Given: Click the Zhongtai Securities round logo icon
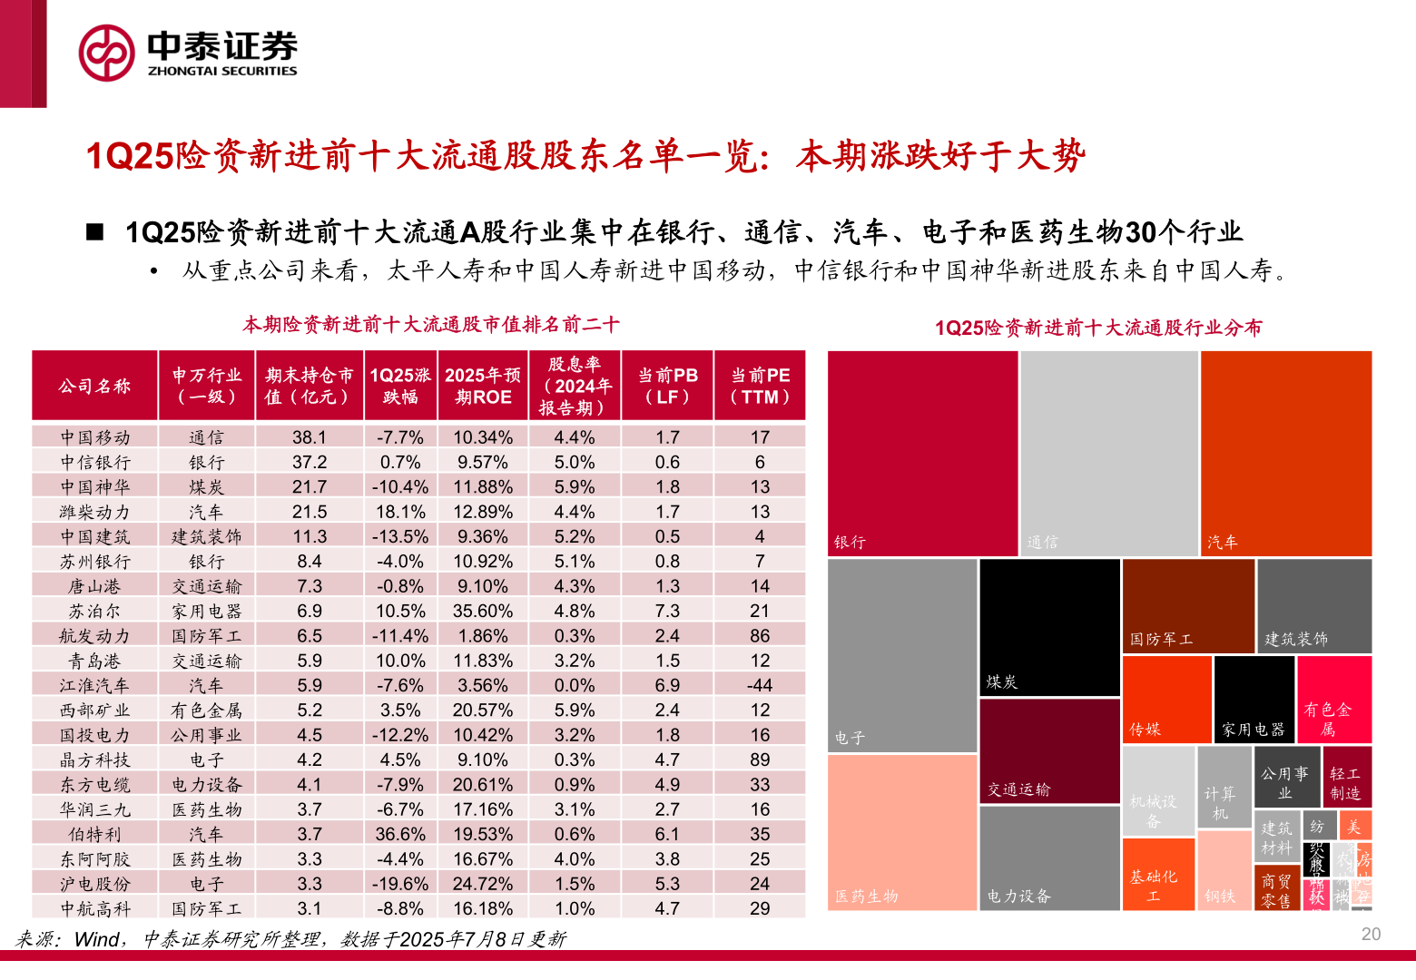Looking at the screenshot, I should pyautogui.click(x=107, y=53).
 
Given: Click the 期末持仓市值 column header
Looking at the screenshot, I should pyautogui.click(x=309, y=386).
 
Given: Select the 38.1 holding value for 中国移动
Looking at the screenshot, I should pyautogui.click(x=309, y=437).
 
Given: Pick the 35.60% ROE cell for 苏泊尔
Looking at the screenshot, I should pyautogui.click(x=483, y=611).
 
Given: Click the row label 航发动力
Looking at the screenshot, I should pyautogui.click(x=94, y=636).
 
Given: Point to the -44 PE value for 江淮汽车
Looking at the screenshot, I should pyautogui.click(x=760, y=685).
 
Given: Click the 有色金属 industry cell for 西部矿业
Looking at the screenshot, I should pyautogui.click(x=206, y=710).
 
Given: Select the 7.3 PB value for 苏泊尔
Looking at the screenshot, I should pyautogui.click(x=667, y=611).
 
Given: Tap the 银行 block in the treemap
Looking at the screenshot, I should pyautogui.click(x=922, y=454).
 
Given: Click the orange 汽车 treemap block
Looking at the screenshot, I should pyautogui.click(x=1285, y=454).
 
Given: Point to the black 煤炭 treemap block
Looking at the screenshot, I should pyautogui.click(x=1049, y=627).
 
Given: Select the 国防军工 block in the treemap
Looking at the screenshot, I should pyautogui.click(x=1188, y=605).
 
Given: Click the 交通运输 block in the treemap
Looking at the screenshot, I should pyautogui.click(x=1049, y=751).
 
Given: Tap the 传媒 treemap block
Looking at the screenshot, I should pyautogui.click(x=1167, y=699).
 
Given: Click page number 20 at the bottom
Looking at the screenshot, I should pyautogui.click(x=1371, y=935).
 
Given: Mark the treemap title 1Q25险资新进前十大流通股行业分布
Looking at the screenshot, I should pyautogui.click(x=1098, y=328).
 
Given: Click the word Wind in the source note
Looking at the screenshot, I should pyautogui.click(x=96, y=939).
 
